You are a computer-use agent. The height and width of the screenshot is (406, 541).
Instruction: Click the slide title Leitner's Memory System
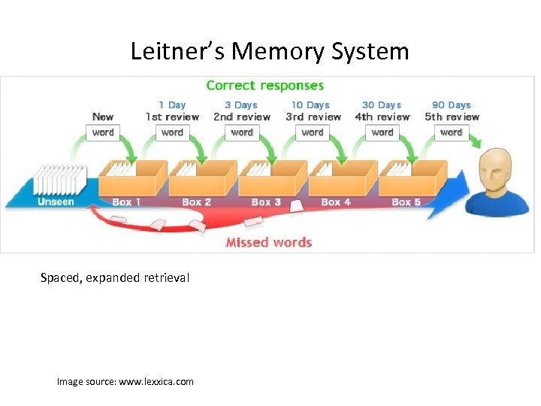270,51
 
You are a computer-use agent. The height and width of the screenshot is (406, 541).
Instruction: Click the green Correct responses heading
264,86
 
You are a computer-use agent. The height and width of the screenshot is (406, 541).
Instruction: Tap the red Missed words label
269,242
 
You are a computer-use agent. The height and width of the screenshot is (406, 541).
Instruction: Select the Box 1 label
126,202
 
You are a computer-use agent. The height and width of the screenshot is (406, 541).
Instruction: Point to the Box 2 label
196,202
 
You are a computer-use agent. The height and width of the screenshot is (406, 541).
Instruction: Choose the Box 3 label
266,202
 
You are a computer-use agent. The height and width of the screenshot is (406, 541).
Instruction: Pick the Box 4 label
336,202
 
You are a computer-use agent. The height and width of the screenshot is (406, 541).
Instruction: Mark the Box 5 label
407,202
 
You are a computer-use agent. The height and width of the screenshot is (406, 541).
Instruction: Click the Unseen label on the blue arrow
56,201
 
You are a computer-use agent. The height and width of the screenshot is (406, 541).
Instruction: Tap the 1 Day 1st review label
172,111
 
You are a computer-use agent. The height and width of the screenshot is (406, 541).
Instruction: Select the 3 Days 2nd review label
241,111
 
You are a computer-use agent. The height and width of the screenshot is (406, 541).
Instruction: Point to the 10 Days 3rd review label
313,111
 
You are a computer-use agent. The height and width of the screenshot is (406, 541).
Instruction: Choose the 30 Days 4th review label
382,111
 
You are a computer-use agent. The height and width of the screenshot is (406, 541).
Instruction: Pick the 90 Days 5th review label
452,111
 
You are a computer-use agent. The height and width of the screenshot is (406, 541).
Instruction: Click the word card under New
103,132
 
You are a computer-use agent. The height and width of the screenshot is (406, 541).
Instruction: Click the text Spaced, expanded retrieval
115,278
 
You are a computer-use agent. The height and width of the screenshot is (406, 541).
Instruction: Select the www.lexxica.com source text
156,382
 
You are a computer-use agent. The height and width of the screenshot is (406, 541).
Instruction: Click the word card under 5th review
452,132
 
